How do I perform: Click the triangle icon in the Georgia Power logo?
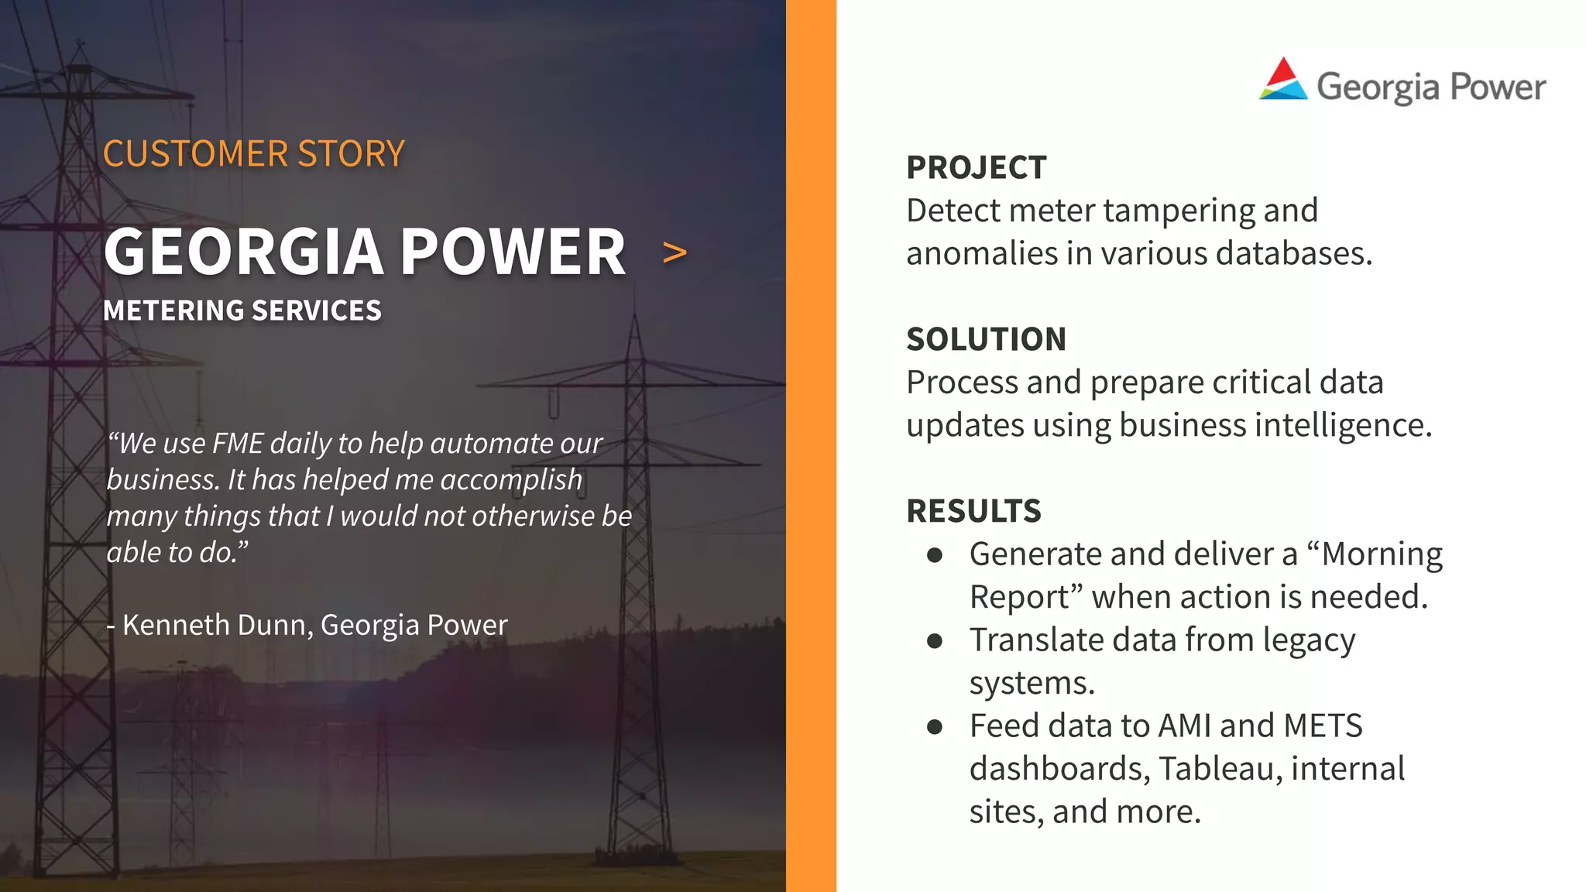point(1283,80)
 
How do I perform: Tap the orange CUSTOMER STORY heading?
point(253,153)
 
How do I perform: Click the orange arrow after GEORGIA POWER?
point(675,252)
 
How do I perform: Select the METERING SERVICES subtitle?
point(242,310)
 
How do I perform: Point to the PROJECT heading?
point(976,167)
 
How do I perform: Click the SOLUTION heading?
point(986,339)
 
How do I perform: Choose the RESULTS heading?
point(973,511)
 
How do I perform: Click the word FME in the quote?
point(238,444)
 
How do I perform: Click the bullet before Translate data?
point(935,641)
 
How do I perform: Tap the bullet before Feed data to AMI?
point(935,727)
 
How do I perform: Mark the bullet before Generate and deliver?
point(935,555)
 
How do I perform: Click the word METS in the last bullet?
point(1322,726)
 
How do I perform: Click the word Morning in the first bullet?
point(1382,554)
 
